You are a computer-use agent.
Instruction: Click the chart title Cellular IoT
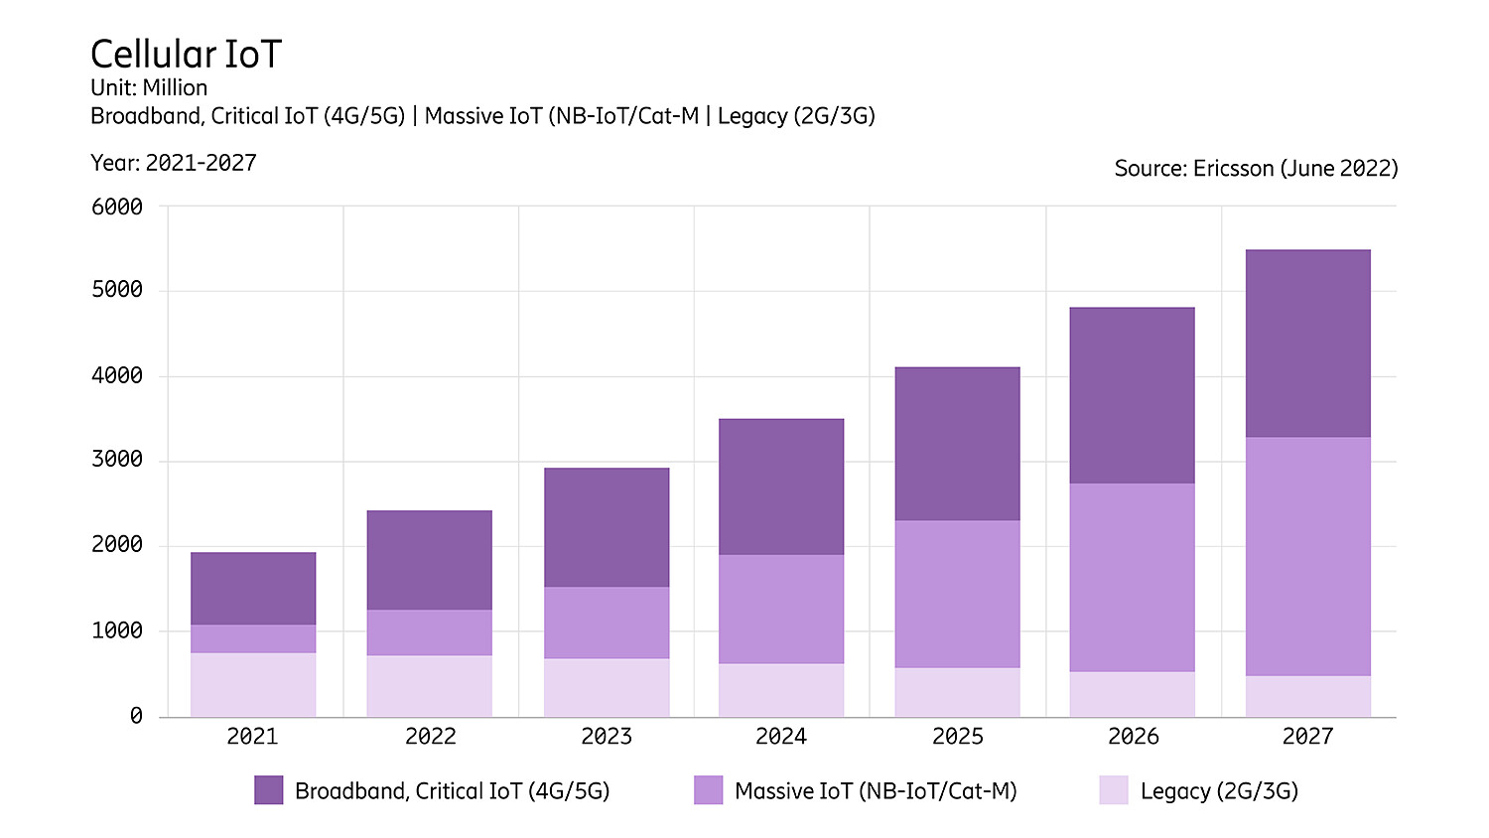pos(186,55)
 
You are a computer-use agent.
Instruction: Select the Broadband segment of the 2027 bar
pos(1307,344)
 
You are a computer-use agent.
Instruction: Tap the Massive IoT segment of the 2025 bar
pos(957,594)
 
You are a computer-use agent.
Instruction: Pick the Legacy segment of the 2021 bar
pos(253,684)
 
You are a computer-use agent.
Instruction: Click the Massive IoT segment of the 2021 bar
pos(253,638)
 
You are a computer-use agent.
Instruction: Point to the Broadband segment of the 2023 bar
pos(607,527)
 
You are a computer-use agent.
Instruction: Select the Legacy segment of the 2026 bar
pos(1132,694)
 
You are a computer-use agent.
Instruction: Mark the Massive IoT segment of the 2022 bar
pos(429,632)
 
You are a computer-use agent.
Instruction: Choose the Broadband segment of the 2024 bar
pos(781,487)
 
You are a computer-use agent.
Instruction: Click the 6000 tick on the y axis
pos(117,207)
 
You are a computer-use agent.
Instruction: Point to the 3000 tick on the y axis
pos(117,460)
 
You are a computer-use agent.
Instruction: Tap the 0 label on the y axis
pos(136,716)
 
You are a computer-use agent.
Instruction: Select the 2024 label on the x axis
pos(781,737)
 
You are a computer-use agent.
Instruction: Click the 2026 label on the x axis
pos(1133,737)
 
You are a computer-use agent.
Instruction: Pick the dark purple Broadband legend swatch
pos(269,790)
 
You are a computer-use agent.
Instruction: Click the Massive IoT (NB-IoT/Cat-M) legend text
pos(876,791)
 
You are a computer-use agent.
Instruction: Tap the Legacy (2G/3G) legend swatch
pos(1114,790)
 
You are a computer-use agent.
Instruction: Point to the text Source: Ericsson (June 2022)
pos(1256,169)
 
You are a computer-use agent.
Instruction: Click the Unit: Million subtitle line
pos(149,87)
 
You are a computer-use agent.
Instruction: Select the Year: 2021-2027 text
pos(174,163)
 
